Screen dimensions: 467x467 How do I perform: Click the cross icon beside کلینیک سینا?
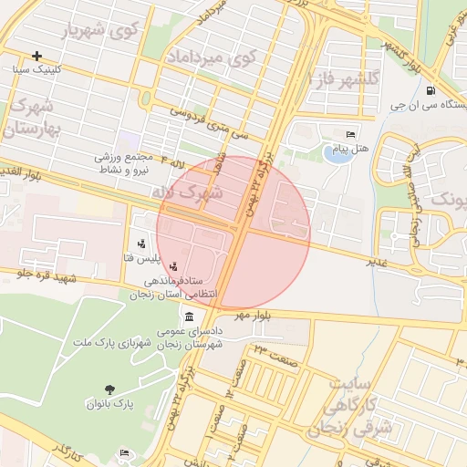[36, 56]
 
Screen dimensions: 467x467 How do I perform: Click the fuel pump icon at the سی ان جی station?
[431, 89]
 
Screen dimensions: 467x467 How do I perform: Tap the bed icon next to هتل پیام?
[351, 134]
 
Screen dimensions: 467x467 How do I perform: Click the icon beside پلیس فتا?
[141, 244]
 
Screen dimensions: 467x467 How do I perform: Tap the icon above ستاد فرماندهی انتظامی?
[173, 267]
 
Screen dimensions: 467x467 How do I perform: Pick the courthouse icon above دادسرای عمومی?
[189, 317]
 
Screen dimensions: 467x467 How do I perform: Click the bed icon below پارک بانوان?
[125, 453]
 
